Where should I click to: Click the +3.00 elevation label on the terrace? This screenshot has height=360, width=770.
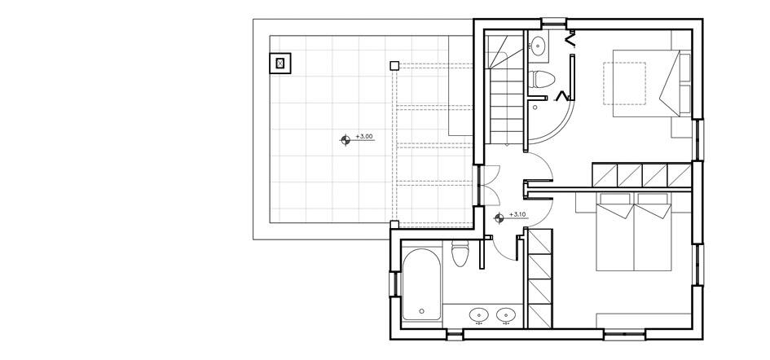click(364, 137)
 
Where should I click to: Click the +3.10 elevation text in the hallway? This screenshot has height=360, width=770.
click(517, 215)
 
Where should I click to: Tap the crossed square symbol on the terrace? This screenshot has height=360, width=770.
click(280, 62)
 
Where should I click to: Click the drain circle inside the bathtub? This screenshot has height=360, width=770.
click(420, 311)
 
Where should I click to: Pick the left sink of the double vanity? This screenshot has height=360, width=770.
click(478, 314)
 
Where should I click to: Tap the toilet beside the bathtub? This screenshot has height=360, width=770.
click(460, 254)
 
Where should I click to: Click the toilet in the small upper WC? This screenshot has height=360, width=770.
click(542, 80)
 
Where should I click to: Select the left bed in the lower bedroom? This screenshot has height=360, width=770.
click(614, 236)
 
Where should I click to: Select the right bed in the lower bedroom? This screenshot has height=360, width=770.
click(653, 236)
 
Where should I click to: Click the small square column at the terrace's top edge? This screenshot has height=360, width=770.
click(394, 65)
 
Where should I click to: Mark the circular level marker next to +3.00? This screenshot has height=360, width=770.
click(345, 140)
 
